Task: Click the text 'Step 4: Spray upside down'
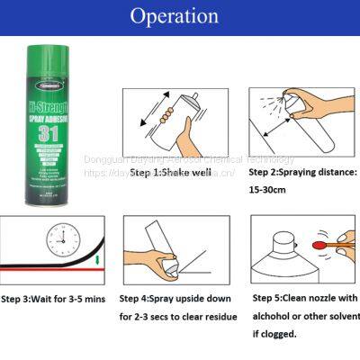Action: (178, 298)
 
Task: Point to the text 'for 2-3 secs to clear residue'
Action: (178, 318)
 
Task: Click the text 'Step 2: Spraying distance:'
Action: (302, 171)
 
